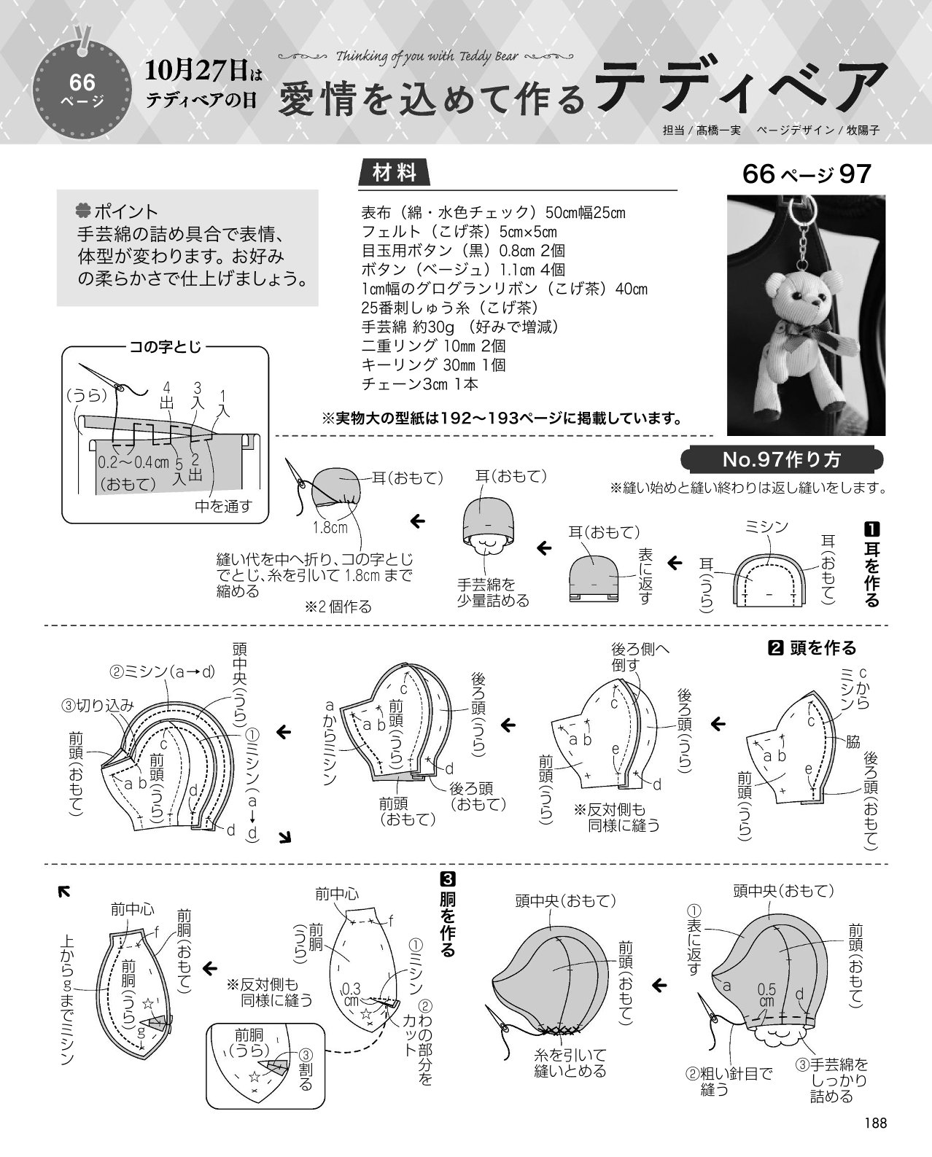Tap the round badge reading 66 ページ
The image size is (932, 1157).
(x=82, y=90)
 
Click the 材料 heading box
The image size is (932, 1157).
(x=395, y=173)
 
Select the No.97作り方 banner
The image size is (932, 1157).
(x=782, y=459)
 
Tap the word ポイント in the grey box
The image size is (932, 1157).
(x=125, y=211)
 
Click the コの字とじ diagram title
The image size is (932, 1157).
(x=165, y=347)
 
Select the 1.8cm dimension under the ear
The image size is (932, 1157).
(x=330, y=527)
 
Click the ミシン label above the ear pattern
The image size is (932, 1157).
(x=766, y=527)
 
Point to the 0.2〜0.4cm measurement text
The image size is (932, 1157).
(x=133, y=462)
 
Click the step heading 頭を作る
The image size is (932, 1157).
(x=823, y=648)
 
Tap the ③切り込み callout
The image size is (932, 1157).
(x=97, y=706)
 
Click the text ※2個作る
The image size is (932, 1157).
(x=338, y=607)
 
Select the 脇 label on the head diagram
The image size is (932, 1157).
(x=853, y=742)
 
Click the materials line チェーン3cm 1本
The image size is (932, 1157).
(x=419, y=384)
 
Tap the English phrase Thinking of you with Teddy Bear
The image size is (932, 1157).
(x=427, y=56)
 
